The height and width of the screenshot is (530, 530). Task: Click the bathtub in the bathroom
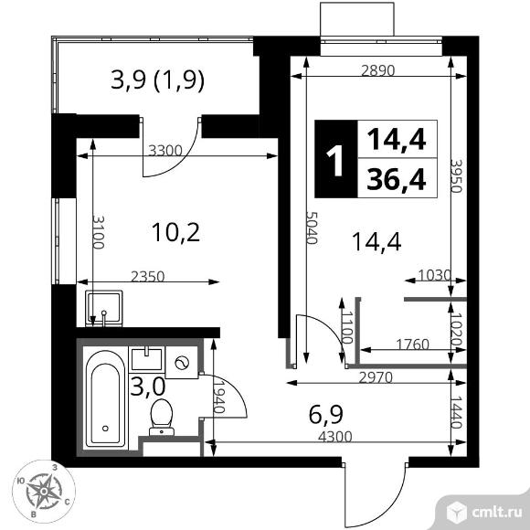click(x=108, y=402)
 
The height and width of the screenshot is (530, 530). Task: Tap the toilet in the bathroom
click(x=163, y=415)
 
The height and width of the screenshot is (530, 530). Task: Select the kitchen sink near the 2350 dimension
click(x=106, y=306)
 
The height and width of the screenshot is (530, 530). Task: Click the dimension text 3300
click(x=166, y=151)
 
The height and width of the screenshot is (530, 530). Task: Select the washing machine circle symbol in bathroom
click(x=184, y=363)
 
